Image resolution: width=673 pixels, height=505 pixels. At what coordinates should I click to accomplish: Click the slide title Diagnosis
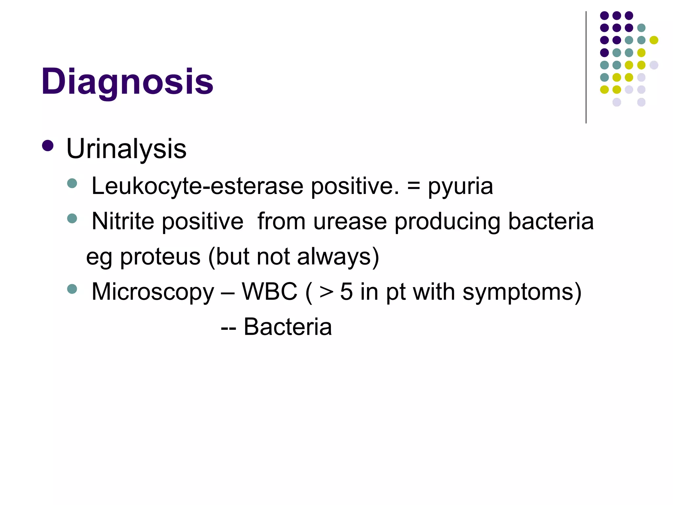[127, 82]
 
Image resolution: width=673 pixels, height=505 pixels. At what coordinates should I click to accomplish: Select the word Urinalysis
[126, 149]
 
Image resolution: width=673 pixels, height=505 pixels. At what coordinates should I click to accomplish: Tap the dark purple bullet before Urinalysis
[48, 146]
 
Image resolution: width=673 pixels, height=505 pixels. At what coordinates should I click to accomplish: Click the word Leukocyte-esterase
[197, 186]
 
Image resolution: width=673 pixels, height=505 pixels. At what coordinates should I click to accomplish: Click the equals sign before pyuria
[413, 186]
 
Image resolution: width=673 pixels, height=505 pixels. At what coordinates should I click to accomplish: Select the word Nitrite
[123, 221]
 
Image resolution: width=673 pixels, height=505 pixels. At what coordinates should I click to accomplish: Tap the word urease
[350, 222]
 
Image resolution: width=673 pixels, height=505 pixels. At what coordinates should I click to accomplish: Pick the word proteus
[160, 257]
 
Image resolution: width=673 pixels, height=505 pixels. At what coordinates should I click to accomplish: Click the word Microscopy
[152, 292]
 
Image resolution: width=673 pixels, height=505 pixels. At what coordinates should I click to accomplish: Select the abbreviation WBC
[269, 291]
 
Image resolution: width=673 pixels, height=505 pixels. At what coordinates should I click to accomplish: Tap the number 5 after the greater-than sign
[346, 292]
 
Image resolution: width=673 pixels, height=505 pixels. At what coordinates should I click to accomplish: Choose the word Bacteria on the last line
[288, 327]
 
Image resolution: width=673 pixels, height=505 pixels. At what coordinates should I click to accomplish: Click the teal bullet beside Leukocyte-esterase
[72, 183]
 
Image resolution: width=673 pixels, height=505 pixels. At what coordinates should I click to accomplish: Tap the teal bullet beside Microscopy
[72, 289]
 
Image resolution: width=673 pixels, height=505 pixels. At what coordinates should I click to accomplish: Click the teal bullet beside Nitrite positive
[72, 218]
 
